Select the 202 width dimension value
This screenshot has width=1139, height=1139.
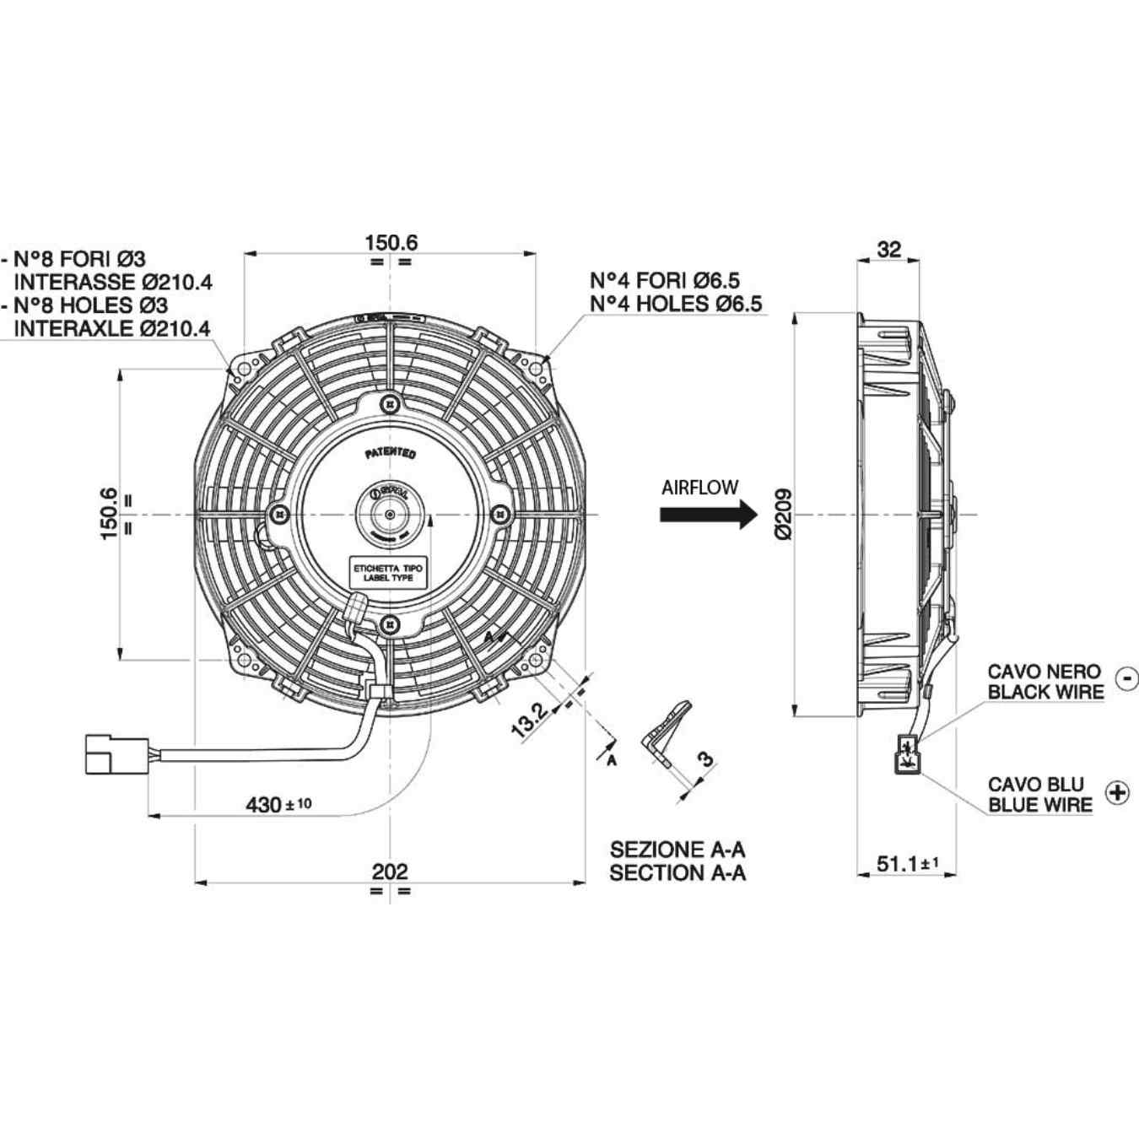390,871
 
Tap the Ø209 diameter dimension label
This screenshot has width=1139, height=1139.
783,514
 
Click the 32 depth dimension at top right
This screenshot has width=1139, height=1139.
888,249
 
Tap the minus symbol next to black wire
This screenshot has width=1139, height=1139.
1126,677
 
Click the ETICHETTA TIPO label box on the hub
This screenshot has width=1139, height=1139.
388,574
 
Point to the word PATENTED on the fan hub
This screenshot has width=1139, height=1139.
390,454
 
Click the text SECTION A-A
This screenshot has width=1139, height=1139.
677,872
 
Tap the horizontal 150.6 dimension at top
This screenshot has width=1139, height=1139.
391,242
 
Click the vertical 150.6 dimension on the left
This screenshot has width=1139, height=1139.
109,513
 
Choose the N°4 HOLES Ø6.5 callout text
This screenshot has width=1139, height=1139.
675,304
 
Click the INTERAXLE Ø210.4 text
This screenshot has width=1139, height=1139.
112,328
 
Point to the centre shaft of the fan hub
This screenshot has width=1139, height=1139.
389,514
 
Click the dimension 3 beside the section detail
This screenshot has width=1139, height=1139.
704,758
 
